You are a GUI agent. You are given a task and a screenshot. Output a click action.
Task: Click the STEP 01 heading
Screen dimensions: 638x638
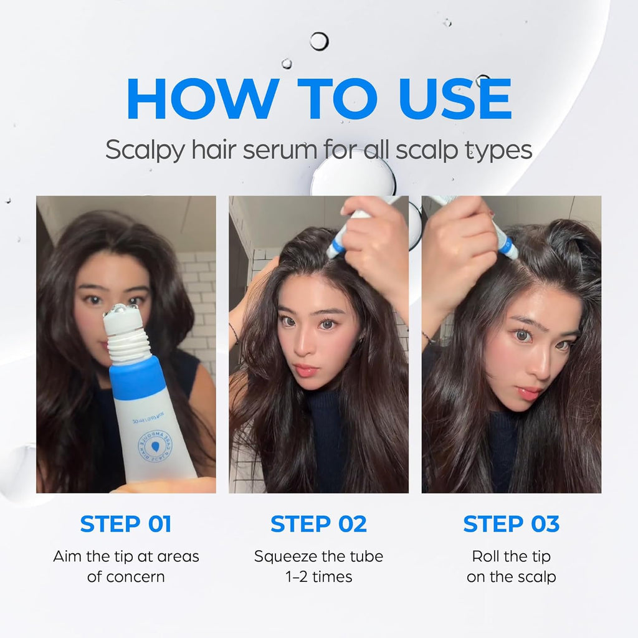126,524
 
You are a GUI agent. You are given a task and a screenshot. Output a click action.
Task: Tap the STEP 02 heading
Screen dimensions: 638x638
318,524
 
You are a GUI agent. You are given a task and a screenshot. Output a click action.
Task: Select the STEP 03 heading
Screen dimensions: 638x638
511,524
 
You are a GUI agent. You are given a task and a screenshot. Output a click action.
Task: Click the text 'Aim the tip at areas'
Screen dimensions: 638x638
126,556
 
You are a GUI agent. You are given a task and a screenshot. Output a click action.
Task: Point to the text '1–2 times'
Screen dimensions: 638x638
318,577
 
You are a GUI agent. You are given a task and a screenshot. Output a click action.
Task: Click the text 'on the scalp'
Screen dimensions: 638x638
511,577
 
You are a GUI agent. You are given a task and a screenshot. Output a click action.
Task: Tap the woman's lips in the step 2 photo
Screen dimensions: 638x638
307,371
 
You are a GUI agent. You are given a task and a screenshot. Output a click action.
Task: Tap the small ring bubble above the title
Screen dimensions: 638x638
318,41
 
